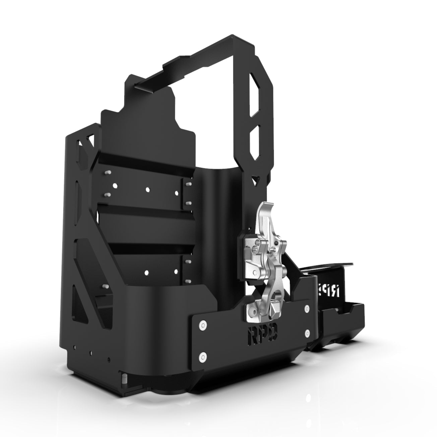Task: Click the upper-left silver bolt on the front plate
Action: tap(202, 324)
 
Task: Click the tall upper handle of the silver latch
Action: tap(264, 218)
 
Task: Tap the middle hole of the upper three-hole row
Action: tap(147, 189)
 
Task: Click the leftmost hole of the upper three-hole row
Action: tap(115, 185)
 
